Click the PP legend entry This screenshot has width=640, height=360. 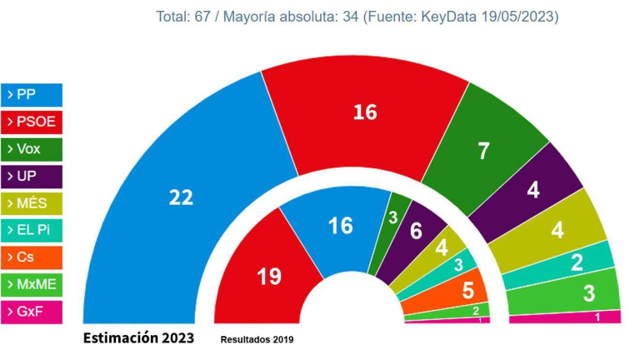click(x=32, y=95)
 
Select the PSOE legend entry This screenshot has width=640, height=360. click(x=32, y=122)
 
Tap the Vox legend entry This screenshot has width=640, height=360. click(x=32, y=150)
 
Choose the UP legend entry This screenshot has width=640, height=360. click(x=32, y=177)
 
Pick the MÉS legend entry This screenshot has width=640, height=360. click(x=32, y=204)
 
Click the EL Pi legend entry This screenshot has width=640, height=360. click(x=32, y=231)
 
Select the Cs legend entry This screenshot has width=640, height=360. click(x=32, y=258)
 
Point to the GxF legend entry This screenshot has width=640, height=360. click(x=32, y=312)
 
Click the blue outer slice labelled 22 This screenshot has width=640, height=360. click(x=181, y=197)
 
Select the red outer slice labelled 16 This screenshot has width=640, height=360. click(x=365, y=112)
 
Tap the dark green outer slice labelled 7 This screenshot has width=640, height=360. click(x=483, y=151)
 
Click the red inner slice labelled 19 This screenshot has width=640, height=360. click(x=269, y=276)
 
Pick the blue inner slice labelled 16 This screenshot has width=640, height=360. click(x=340, y=225)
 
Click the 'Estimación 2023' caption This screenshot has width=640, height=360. click(x=138, y=338)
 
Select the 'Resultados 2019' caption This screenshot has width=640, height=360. click(x=257, y=340)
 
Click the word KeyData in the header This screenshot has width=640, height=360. click(x=452, y=17)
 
